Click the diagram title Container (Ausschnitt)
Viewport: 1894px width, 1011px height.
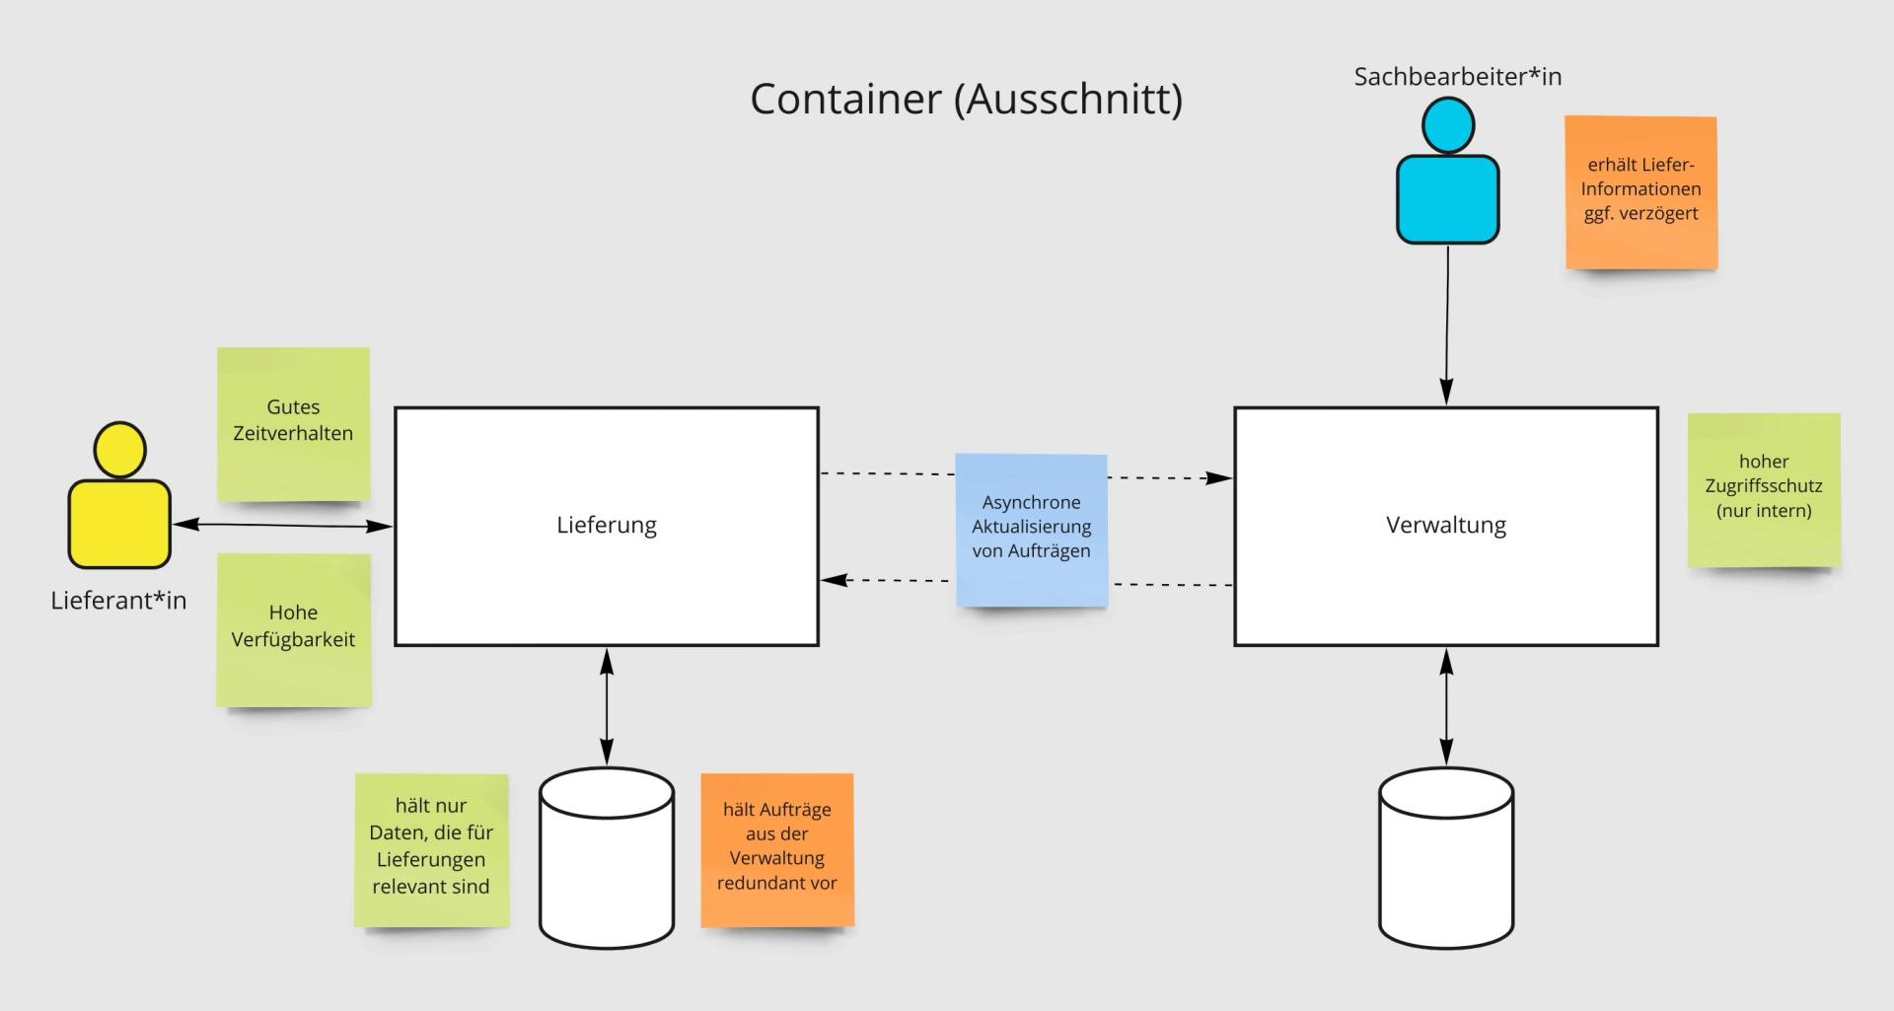pyautogui.click(x=966, y=99)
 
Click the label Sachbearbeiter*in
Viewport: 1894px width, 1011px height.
pyautogui.click(x=1457, y=77)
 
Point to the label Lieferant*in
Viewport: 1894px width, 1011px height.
pyautogui.click(x=118, y=601)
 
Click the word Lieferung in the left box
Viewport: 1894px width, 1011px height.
pyautogui.click(x=607, y=525)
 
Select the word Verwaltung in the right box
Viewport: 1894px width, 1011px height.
pyautogui.click(x=1446, y=525)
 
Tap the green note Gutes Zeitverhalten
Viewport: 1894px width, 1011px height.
pyautogui.click(x=293, y=423)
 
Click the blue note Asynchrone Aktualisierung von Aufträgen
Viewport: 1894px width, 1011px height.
pyautogui.click(x=1031, y=529)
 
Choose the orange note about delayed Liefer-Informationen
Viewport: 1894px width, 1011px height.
pyautogui.click(x=1640, y=191)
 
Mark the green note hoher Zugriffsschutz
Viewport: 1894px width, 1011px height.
pyautogui.click(x=1763, y=489)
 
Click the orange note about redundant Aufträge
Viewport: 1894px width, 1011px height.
pyautogui.click(x=776, y=849)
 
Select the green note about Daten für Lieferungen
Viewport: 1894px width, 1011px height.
pyautogui.click(x=431, y=849)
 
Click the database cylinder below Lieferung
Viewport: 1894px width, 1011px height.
pyautogui.click(x=607, y=858)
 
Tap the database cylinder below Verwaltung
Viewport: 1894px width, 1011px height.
pyautogui.click(x=1446, y=858)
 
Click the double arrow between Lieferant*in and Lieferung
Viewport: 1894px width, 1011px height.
pyautogui.click(x=282, y=526)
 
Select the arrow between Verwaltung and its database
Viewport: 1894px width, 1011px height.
pyautogui.click(x=1446, y=706)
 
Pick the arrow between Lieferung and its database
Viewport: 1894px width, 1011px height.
pyautogui.click(x=607, y=706)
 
